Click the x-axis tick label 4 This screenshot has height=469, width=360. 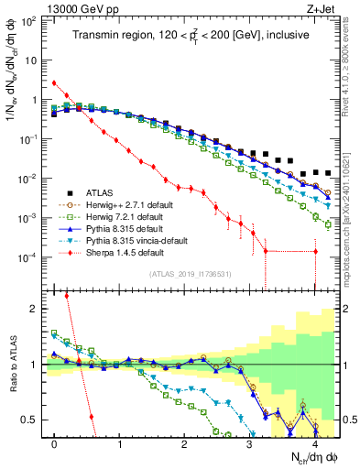(x=315, y=444)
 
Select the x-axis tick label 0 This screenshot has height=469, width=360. (x=55, y=444)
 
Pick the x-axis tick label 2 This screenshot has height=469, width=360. (x=185, y=444)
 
